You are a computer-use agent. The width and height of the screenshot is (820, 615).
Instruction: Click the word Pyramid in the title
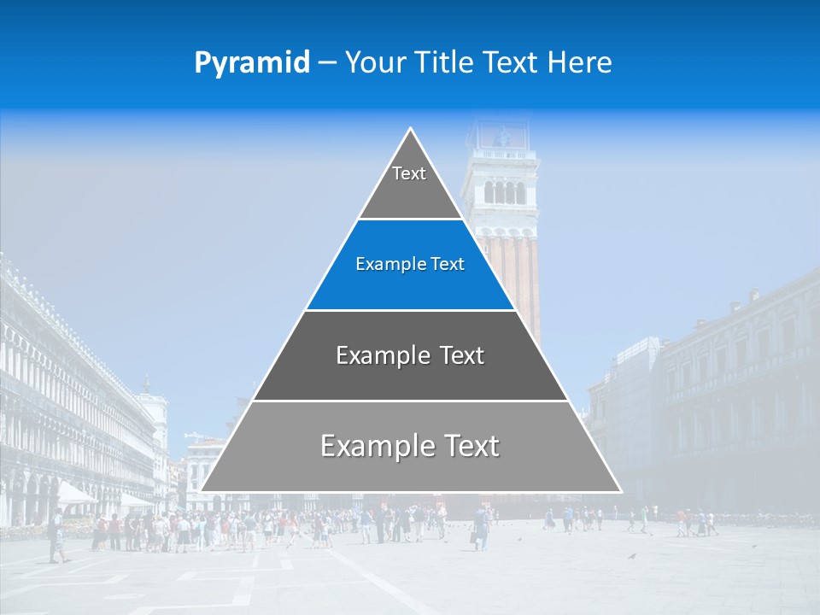pos(251,63)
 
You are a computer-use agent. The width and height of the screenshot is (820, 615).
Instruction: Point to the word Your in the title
pos(373,63)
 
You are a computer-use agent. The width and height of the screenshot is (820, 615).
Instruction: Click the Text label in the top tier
pos(409,173)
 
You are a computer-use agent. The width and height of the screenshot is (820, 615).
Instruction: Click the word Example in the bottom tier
pos(374,446)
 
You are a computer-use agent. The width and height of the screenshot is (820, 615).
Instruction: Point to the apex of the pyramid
pos(411,130)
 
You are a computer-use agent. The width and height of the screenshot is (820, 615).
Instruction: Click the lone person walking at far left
pos(56,536)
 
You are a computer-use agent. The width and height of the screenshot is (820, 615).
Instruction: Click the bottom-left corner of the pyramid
pos(202,491)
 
